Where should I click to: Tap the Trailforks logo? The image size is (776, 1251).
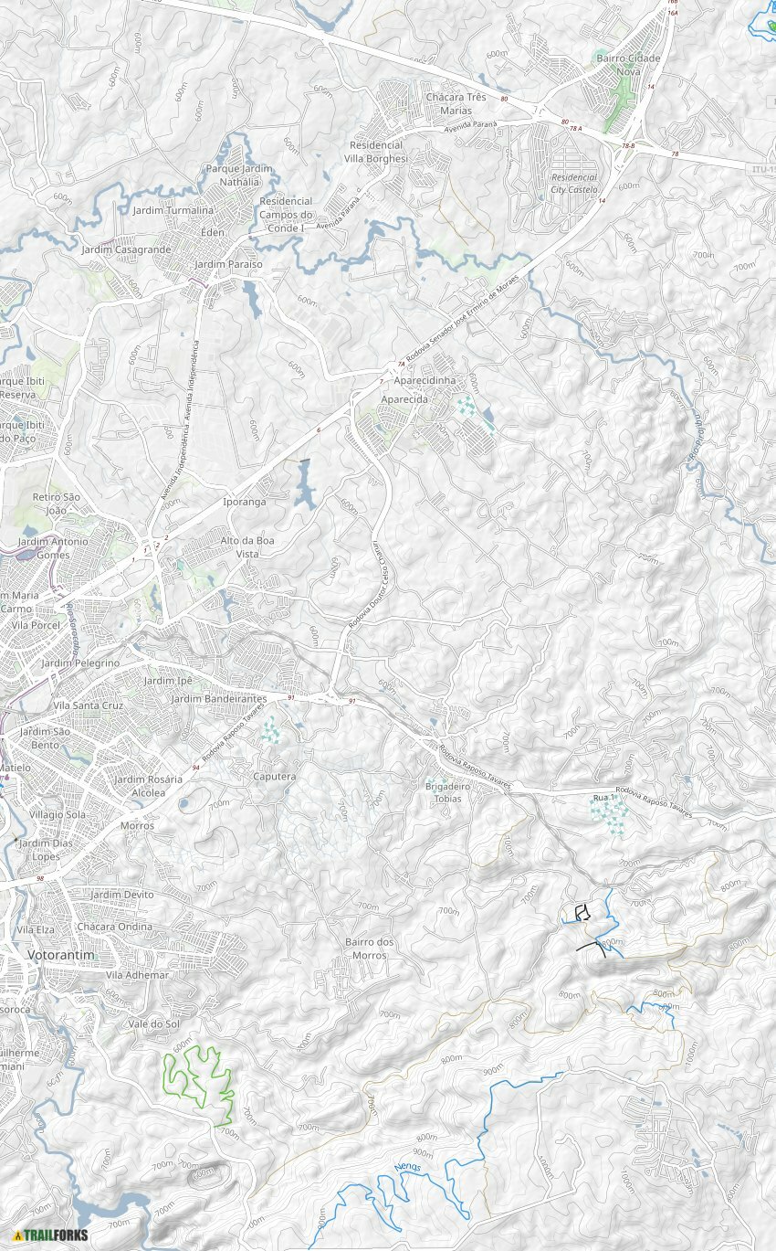point(50,1235)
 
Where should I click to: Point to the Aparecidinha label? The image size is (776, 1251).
point(424,379)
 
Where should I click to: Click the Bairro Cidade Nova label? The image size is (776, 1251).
point(628,64)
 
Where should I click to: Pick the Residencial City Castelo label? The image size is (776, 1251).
point(574,183)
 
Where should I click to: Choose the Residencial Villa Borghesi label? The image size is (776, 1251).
point(376,151)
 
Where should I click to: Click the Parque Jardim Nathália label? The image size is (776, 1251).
point(239,175)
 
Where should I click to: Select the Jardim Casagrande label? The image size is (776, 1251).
point(126,249)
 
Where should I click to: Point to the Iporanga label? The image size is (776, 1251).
point(245,502)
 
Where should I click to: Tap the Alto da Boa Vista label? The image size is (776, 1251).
point(247,546)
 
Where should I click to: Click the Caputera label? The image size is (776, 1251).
point(275,777)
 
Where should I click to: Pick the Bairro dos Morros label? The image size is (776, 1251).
point(370,949)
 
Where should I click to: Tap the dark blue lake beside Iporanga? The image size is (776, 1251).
point(305,484)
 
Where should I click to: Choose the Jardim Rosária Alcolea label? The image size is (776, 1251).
point(148,786)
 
